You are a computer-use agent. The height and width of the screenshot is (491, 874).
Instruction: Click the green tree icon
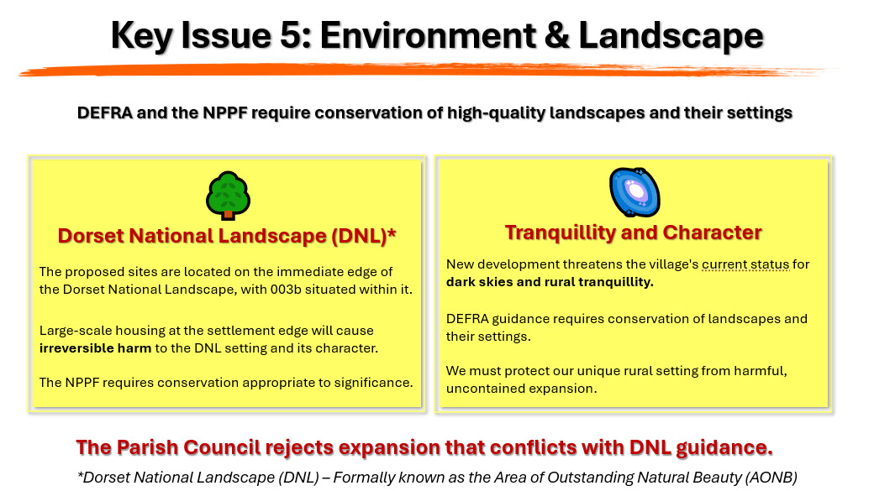pos(228,195)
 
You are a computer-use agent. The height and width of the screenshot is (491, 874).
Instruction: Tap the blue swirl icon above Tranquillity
pos(634,192)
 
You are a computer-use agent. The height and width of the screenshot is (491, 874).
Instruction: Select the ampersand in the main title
pos(557,35)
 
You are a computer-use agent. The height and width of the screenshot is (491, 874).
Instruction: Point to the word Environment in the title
pos(428,35)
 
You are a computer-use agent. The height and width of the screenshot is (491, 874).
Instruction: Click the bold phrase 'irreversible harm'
pos(95,348)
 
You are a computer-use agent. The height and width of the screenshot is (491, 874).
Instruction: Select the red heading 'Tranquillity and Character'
pos(633,232)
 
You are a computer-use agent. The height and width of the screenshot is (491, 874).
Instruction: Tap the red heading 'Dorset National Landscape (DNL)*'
pos(227,236)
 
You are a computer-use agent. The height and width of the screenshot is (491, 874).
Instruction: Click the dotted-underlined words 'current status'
pos(745,264)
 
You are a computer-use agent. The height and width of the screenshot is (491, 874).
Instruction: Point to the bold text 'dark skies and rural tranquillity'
pos(550,282)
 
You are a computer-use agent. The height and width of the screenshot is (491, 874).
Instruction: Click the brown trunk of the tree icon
pos(228,214)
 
